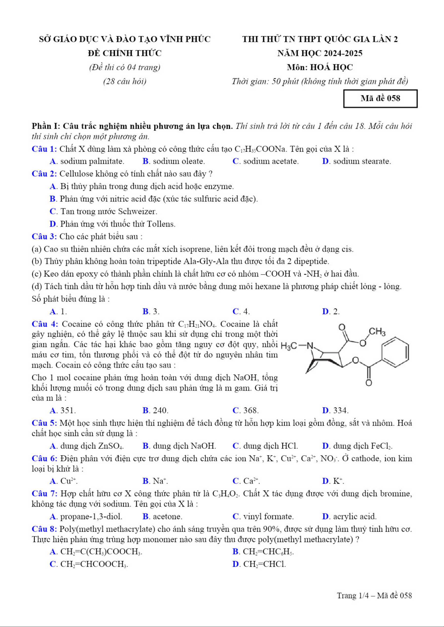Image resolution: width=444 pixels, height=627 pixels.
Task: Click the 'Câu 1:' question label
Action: (44, 149)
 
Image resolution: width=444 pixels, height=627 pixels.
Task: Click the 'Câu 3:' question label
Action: (44, 237)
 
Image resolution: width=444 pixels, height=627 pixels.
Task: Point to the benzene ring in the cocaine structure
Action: (395, 352)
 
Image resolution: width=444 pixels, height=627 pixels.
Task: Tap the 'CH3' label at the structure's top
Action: (377, 332)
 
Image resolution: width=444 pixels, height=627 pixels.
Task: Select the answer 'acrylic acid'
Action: (355, 517)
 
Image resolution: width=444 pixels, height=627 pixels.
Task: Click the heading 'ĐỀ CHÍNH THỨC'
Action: (125, 53)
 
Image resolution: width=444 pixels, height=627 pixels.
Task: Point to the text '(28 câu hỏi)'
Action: (125, 81)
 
